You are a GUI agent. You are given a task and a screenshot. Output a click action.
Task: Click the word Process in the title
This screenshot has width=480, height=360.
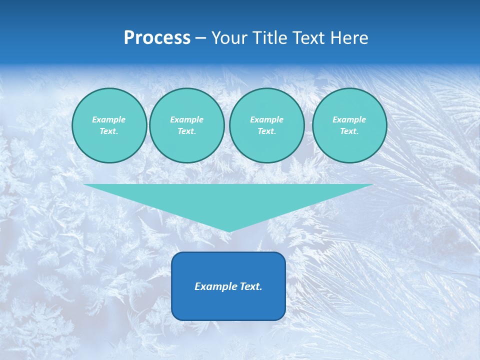[157, 38]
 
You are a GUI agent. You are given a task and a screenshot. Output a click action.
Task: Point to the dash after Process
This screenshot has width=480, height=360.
[201, 38]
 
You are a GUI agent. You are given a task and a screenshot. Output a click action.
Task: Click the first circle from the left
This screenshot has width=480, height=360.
[109, 125]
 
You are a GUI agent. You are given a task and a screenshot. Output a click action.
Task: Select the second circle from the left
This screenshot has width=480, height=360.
[187, 125]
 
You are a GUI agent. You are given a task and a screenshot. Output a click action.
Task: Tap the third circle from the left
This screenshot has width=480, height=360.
[267, 125]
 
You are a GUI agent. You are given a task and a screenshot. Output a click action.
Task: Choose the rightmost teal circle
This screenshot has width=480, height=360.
[349, 125]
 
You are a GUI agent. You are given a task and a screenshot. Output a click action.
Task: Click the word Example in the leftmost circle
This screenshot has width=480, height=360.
[109, 119]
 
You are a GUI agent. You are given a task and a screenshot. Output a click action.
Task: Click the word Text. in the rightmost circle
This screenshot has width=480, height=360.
[349, 131]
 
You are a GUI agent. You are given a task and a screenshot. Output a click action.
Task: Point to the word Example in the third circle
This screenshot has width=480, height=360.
[266, 119]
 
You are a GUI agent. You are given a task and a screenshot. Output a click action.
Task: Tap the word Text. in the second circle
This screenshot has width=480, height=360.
[186, 131]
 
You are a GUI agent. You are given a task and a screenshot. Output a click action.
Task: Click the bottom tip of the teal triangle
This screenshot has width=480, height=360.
[228, 231]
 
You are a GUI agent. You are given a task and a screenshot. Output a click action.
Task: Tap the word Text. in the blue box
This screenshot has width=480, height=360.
[250, 286]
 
